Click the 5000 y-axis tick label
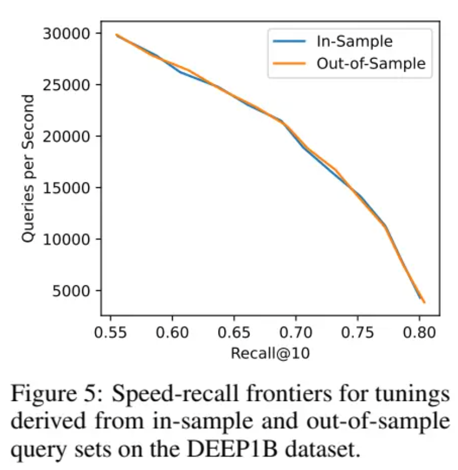(x=71, y=291)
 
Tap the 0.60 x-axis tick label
(x=173, y=332)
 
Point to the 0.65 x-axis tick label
(x=234, y=332)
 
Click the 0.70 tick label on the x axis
(x=296, y=332)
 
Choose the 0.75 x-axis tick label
(x=357, y=332)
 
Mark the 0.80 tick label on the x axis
(x=419, y=332)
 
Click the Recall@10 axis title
(x=270, y=353)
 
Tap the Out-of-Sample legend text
(x=370, y=64)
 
